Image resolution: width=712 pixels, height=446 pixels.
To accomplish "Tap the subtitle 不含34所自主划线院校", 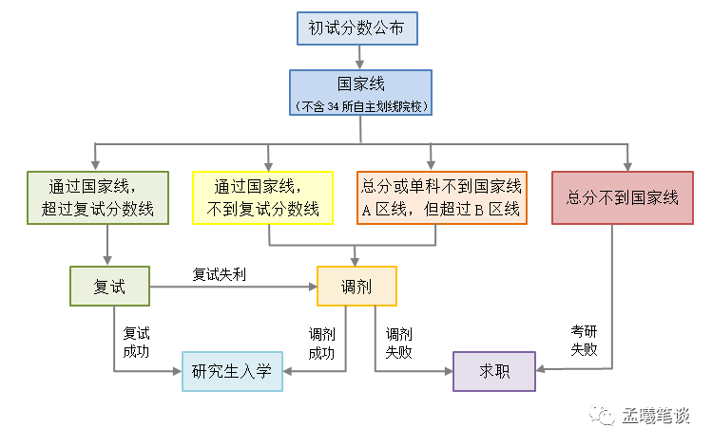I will (x=361, y=105).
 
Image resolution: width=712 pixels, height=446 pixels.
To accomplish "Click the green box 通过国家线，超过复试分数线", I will (x=98, y=197).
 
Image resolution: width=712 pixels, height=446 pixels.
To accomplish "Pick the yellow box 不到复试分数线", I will (x=262, y=197).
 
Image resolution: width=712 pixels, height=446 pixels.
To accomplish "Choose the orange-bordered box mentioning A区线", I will (x=441, y=197).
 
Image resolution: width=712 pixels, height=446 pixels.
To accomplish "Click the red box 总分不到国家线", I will (x=623, y=197).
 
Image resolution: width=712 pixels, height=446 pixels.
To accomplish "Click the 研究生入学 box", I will (x=232, y=370).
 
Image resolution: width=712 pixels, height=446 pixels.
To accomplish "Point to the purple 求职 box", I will (x=494, y=371).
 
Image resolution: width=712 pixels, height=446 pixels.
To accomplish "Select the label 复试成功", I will (x=137, y=343).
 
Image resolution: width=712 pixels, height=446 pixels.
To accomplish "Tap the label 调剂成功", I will (x=322, y=344).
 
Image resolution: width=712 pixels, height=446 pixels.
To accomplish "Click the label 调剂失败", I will (x=398, y=344).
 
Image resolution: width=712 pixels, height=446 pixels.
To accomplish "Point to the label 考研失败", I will (x=584, y=340).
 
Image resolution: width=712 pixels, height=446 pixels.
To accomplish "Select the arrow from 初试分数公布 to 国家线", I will (x=361, y=56).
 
